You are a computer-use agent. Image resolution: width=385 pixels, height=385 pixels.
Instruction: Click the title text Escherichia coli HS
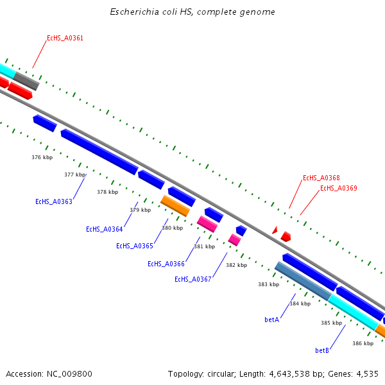point(192,12)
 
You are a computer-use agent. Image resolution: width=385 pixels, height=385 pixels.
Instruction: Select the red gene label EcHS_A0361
point(65,38)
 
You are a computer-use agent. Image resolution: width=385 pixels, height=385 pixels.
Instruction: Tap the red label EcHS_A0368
point(321,178)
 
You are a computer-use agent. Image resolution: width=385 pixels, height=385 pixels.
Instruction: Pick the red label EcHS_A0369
point(338,189)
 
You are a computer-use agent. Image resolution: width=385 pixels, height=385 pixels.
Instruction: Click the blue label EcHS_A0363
point(54,201)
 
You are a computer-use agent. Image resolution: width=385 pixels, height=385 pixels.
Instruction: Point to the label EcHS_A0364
point(105,230)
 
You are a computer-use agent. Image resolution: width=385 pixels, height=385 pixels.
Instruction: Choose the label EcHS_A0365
point(135,246)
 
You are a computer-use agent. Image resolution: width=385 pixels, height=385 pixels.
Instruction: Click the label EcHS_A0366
point(166,264)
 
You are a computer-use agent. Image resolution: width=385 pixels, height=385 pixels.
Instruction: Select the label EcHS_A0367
point(193,279)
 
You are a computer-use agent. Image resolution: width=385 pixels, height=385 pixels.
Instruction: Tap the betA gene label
point(271,320)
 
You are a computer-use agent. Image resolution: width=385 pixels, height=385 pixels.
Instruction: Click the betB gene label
point(322,351)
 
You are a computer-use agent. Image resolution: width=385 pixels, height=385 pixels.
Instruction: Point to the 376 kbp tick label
point(42,157)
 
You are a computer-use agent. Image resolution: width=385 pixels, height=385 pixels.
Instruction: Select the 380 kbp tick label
point(172,228)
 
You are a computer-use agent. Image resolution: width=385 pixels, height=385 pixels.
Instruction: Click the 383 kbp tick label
point(268,284)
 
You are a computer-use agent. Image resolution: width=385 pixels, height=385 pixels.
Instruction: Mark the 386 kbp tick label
point(363,343)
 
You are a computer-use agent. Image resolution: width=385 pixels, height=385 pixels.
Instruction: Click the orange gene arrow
point(175,206)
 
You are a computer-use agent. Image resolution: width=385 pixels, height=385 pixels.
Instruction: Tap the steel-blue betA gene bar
point(302,281)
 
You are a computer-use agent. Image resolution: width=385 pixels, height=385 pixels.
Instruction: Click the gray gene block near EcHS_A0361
point(26,81)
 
